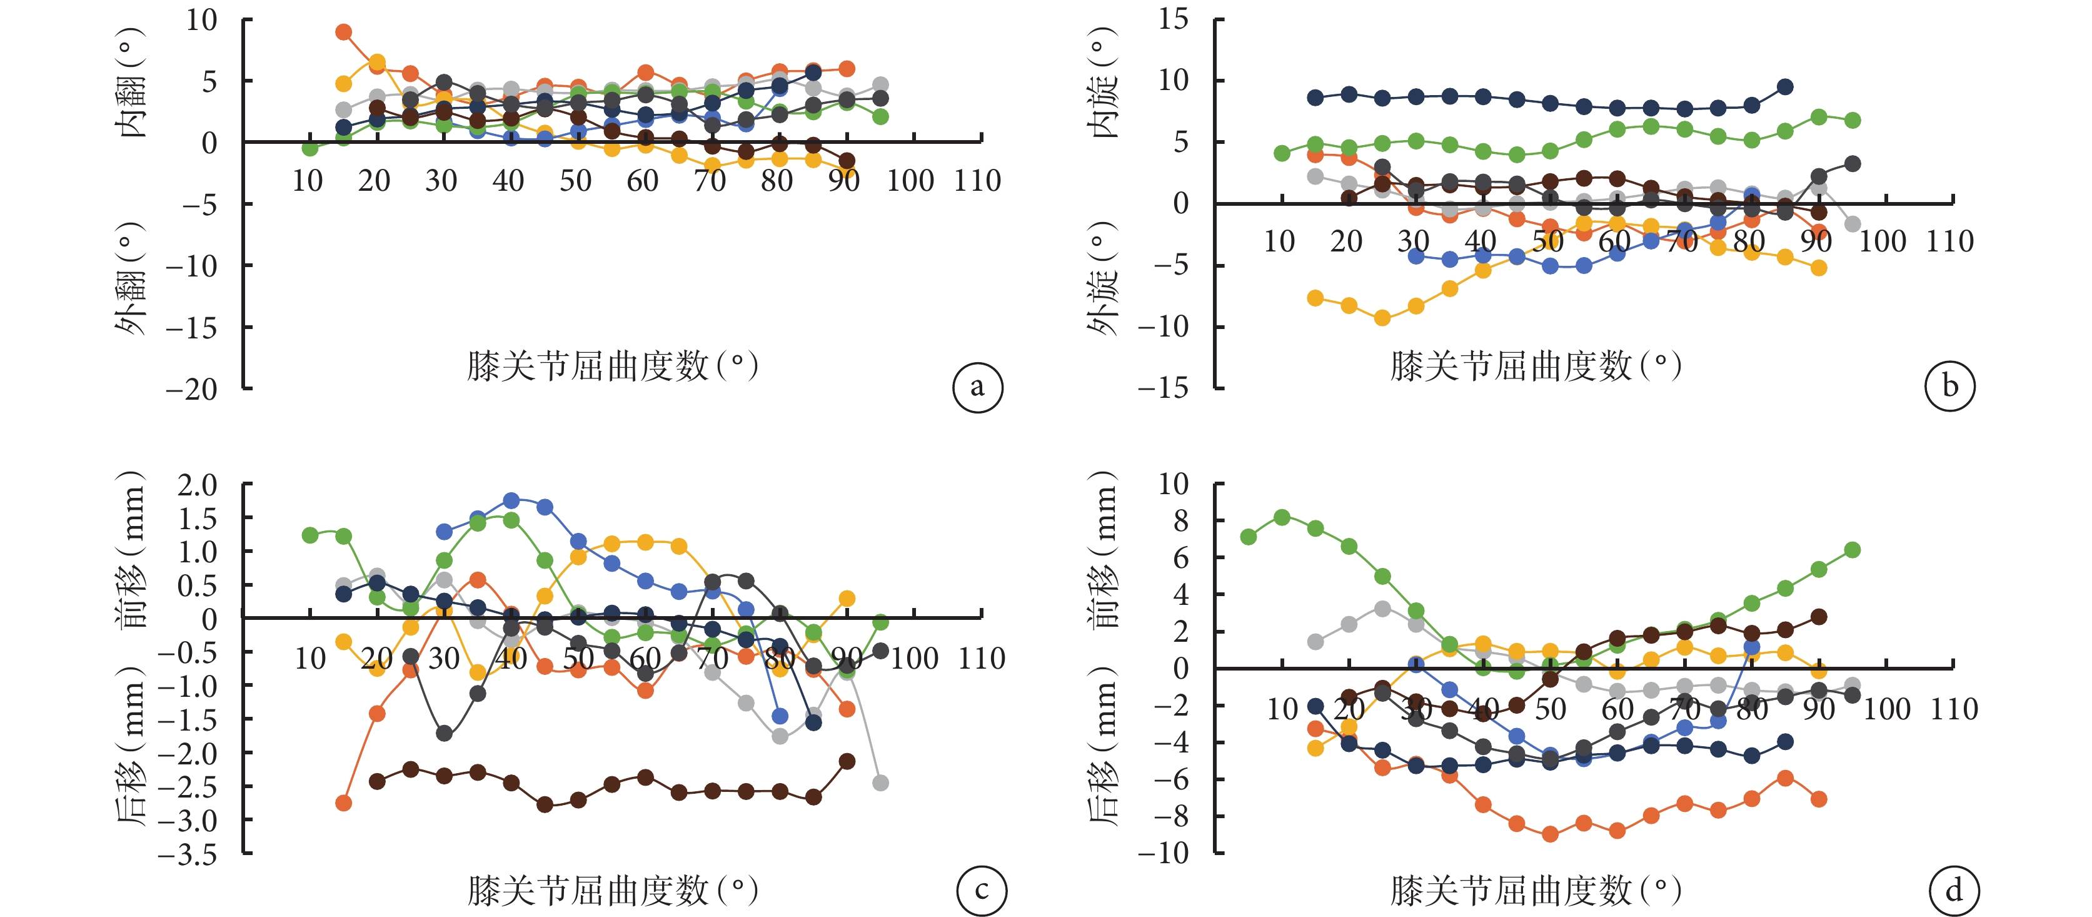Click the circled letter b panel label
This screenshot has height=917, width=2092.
pyautogui.click(x=1949, y=387)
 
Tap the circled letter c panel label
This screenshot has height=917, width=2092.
pyautogui.click(x=981, y=890)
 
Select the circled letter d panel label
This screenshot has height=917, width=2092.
pyautogui.click(x=1953, y=890)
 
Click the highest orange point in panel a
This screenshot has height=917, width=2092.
pyautogui.click(x=343, y=33)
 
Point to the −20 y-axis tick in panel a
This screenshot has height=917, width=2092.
pyautogui.click(x=193, y=389)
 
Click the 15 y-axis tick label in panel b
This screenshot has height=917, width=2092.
pyautogui.click(x=1174, y=19)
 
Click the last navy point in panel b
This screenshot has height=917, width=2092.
pyautogui.click(x=1785, y=87)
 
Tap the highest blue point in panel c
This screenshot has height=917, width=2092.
pyautogui.click(x=511, y=500)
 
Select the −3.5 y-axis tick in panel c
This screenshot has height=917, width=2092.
pyautogui.click(x=188, y=854)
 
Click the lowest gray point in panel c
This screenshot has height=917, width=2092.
pyautogui.click(x=880, y=783)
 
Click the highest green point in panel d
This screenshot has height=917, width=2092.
pyautogui.click(x=1282, y=517)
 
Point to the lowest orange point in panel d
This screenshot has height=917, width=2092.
pyautogui.click(x=1551, y=834)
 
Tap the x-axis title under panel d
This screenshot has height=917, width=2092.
pyautogui.click(x=1535, y=890)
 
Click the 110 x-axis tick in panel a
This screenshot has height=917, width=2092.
pyautogui.click(x=977, y=180)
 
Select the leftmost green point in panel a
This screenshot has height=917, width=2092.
pyautogui.click(x=310, y=148)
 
